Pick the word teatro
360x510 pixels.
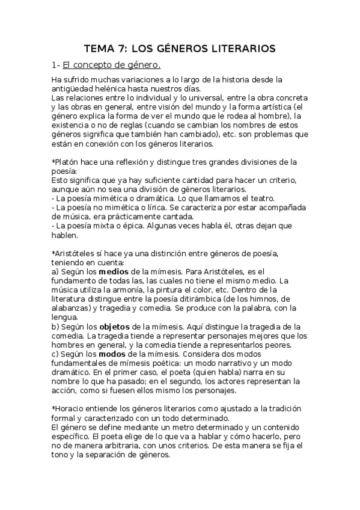tap(261, 199)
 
